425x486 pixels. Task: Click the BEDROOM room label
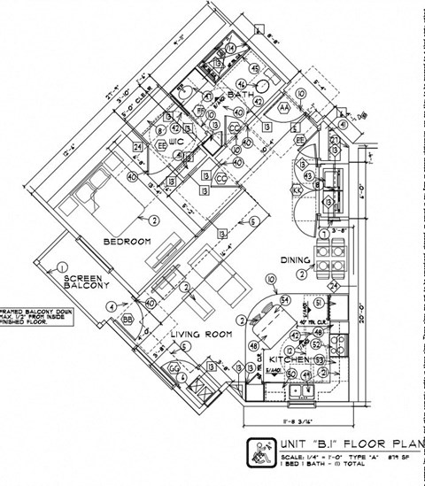tap(127, 241)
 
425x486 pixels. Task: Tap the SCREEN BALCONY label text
tap(85, 282)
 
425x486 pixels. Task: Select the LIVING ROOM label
tap(203, 335)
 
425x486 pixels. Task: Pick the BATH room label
tap(241, 94)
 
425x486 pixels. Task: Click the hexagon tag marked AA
tap(285, 106)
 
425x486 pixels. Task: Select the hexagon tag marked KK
tap(297, 189)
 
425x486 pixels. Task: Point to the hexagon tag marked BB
tap(127, 319)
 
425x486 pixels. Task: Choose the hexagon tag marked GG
tap(174, 367)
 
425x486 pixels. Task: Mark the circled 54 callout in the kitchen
tap(285, 301)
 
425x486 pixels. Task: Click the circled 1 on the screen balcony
tap(63, 266)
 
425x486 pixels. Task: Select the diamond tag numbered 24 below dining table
tap(334, 287)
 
